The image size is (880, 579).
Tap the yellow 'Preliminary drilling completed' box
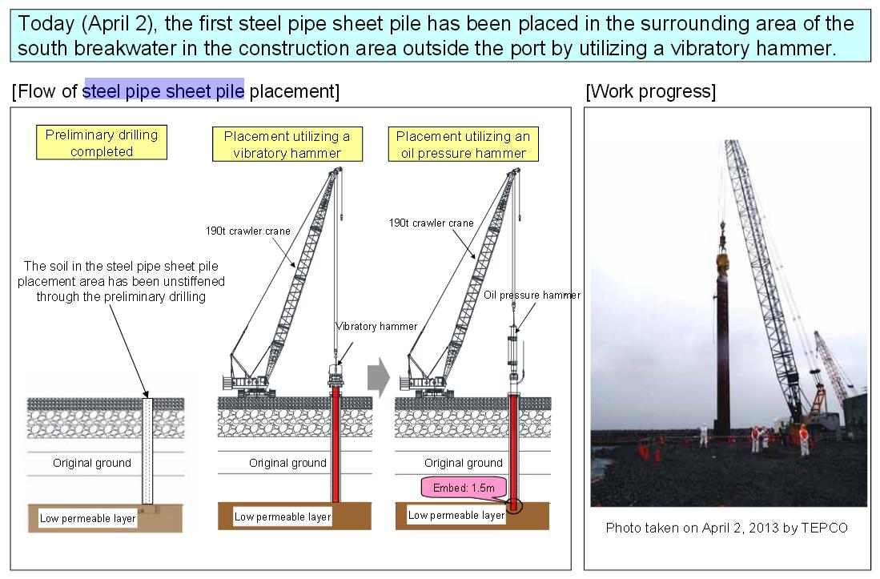coord(101,143)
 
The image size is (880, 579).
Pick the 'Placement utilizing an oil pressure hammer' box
coord(462,143)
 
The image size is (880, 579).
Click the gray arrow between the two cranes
coord(377,380)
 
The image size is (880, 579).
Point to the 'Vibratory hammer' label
coord(376,326)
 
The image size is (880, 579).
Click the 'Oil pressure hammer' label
coord(532,296)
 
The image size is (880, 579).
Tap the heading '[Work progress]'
coord(650,91)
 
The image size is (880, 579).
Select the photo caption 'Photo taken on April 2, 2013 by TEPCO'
coord(726,528)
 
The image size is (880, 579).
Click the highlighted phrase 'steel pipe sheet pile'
coord(163,91)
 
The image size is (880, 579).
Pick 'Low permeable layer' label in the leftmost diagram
coord(88,518)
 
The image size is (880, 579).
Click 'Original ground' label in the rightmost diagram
coord(463,463)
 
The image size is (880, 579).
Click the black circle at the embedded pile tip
coord(514,506)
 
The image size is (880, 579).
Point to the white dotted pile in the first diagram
coord(147,448)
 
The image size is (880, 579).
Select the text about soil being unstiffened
coord(121,280)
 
